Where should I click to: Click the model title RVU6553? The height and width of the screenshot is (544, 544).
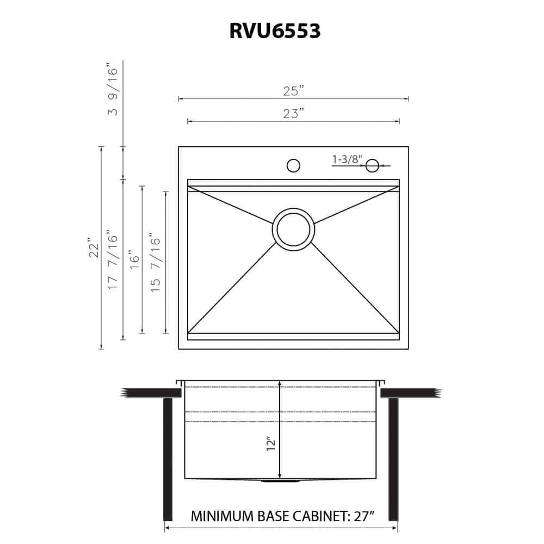coord(275,31)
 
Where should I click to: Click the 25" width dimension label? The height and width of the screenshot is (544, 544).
coord(293,91)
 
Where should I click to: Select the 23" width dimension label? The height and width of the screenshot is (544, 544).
coord(293,114)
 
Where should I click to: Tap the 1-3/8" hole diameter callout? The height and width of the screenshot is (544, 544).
coord(347,159)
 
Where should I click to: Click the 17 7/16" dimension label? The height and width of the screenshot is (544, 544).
coord(113,258)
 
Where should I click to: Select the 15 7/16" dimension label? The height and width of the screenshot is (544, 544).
coord(156,262)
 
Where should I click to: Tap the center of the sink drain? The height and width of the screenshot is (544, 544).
coord(293,230)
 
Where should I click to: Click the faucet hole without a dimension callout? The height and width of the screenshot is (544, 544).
coord(293,165)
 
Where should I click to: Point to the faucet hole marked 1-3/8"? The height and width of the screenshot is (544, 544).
coord(373,165)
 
